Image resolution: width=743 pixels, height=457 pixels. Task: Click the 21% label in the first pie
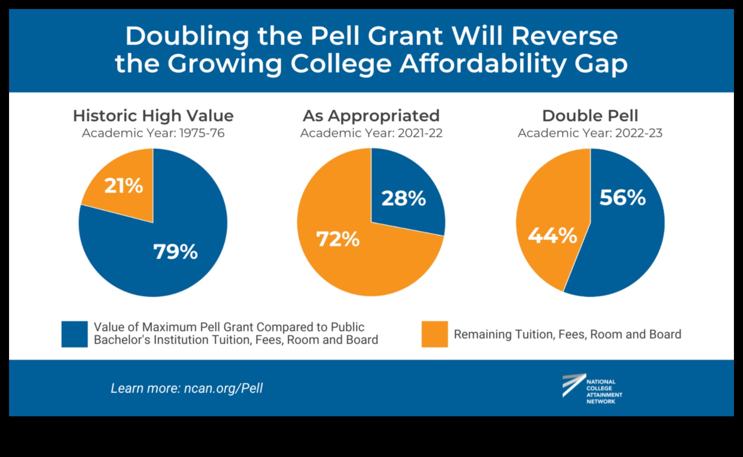click(124, 186)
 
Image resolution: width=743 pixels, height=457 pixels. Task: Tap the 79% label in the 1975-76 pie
click(175, 252)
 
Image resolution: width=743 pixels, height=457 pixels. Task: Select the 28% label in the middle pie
click(403, 198)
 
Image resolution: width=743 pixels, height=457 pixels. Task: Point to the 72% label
click(338, 239)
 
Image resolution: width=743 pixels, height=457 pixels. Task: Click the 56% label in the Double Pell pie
click(622, 197)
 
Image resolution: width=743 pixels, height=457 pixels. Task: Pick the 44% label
click(552, 235)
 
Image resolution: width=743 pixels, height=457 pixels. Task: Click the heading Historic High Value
click(153, 116)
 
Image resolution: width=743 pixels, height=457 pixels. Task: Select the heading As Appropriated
click(371, 116)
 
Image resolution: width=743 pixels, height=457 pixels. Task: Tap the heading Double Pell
click(590, 116)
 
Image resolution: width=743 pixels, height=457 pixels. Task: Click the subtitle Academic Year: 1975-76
click(153, 133)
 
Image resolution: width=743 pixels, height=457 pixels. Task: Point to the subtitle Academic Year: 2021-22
click(371, 133)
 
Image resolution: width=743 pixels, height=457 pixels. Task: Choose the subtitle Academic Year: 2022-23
click(590, 133)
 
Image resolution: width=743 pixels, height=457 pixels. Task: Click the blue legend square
click(75, 334)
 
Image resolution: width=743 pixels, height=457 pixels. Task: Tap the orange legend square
click(434, 334)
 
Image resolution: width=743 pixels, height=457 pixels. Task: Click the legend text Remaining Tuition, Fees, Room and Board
click(567, 334)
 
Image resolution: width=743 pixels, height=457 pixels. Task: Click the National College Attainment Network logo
click(592, 388)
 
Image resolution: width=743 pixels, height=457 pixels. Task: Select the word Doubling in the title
click(187, 36)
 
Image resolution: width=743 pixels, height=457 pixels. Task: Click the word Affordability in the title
click(482, 63)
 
